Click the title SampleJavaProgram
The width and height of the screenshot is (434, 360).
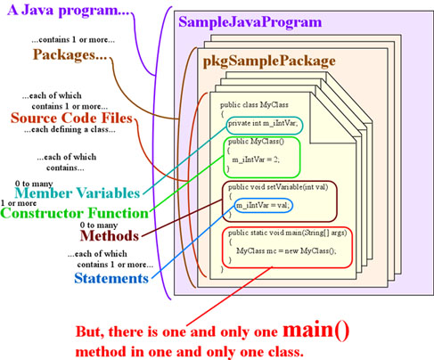click(250, 23)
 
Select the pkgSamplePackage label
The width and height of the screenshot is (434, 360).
click(269, 61)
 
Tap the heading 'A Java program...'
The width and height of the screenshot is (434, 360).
click(69, 11)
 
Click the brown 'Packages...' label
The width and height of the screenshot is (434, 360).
click(70, 54)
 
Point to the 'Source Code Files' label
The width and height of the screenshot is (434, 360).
click(71, 118)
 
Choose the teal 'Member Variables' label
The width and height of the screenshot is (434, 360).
click(78, 193)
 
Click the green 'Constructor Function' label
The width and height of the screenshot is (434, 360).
click(75, 213)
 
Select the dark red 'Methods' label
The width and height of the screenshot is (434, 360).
click(110, 236)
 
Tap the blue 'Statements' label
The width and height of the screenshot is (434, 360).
click(111, 278)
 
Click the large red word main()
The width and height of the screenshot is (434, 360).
click(315, 330)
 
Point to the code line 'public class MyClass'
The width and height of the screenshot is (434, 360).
click(254, 105)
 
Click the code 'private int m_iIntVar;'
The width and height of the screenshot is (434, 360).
click(263, 123)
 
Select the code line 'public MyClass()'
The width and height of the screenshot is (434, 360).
click(256, 142)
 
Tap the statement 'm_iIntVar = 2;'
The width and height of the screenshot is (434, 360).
click(256, 160)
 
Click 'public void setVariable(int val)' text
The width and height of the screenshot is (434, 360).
click(278, 187)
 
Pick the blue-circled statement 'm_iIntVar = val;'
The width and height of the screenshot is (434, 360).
click(262, 205)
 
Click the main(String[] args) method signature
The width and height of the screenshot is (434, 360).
click(288, 233)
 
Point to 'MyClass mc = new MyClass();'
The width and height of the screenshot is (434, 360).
click(286, 251)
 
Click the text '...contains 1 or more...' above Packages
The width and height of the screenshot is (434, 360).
click(73, 40)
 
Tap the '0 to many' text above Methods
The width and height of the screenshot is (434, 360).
click(99, 225)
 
